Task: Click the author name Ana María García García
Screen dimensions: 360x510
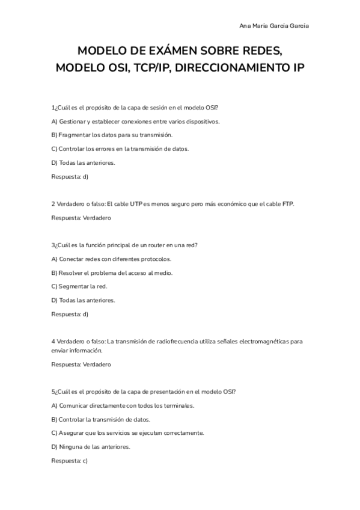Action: click(x=275, y=26)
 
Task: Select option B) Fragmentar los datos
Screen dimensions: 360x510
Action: click(x=103, y=135)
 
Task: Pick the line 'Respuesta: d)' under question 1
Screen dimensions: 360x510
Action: click(x=70, y=176)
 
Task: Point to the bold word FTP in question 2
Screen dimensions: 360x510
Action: click(x=288, y=204)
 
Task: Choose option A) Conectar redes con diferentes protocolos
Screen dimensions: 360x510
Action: click(x=111, y=259)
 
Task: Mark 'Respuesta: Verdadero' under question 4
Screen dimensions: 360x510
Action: click(x=81, y=364)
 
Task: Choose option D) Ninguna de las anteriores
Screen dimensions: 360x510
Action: click(x=91, y=446)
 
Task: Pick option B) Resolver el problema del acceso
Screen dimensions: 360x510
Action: click(x=112, y=272)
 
